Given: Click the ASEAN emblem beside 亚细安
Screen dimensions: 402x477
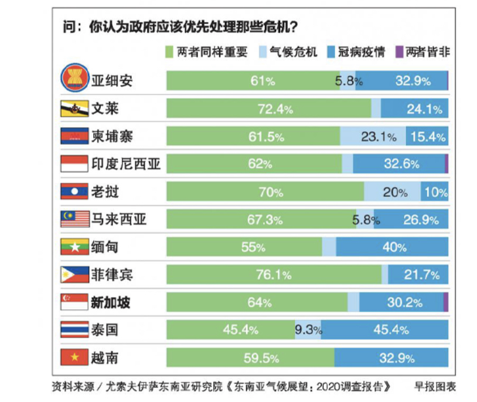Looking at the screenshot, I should pyautogui.click(x=74, y=80).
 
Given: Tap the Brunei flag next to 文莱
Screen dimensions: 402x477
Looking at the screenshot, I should pyautogui.click(x=74, y=108).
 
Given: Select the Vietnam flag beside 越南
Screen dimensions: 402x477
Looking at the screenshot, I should pyautogui.click(x=74, y=356).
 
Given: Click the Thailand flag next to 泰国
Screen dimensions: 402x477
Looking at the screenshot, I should pyautogui.click(x=74, y=329).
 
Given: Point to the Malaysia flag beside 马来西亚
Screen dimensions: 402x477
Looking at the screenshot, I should pyautogui.click(x=74, y=219).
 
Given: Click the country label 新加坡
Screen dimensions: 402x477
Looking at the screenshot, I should pyautogui.click(x=110, y=302).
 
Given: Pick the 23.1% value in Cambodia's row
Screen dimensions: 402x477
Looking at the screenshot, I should pyautogui.click(x=378, y=137).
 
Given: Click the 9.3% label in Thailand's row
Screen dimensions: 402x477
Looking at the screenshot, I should pyautogui.click(x=308, y=330).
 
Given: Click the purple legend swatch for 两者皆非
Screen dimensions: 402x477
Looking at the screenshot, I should pyautogui.click(x=399, y=52).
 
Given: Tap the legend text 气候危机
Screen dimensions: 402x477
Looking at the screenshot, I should pyautogui.click(x=293, y=52).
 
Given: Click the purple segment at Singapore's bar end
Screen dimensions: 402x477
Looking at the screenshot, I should pyautogui.click(x=446, y=302).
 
